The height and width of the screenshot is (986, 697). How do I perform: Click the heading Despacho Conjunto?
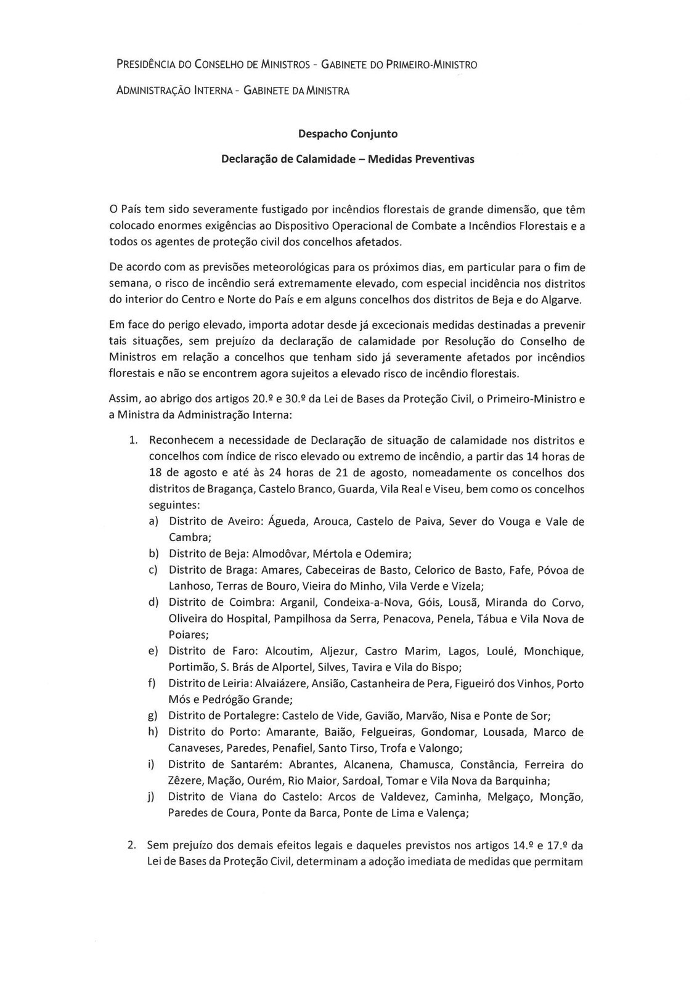(348, 133)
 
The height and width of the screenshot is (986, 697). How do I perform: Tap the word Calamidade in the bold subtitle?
(321, 159)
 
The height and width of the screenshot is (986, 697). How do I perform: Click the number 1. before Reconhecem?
(132, 441)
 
